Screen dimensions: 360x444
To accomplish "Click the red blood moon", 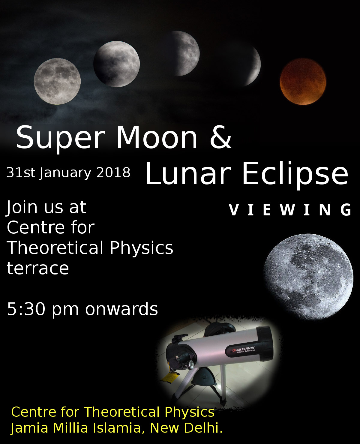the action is coord(303,82).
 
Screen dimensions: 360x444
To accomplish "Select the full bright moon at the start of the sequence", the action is coord(57,81).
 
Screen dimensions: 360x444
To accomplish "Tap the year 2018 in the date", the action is coord(113,172).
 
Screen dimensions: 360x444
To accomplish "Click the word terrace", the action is coord(38,268).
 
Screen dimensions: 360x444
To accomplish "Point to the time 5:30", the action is coord(26,309).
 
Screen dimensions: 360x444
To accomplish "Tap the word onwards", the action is coord(121,309).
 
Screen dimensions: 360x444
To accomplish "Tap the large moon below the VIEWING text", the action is coord(308,277).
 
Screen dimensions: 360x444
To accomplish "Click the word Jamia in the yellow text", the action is coord(29,429).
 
